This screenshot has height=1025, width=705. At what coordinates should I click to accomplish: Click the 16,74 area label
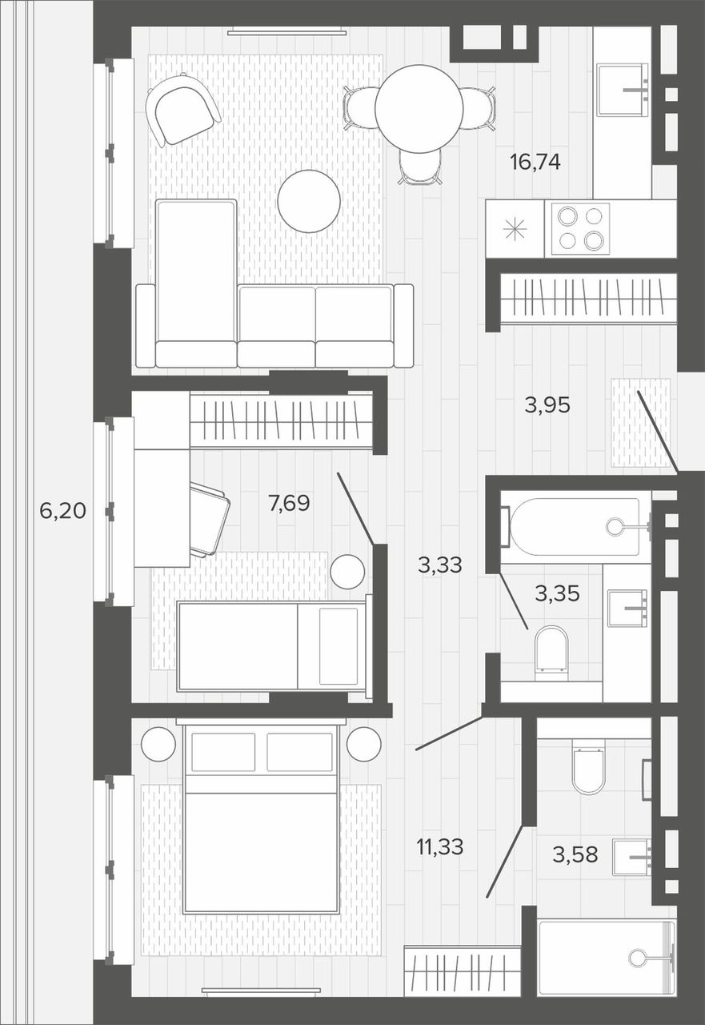pos(535,163)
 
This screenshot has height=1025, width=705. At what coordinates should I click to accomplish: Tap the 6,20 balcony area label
pos(62,511)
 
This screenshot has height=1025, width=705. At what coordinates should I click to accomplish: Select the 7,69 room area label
pos(290,504)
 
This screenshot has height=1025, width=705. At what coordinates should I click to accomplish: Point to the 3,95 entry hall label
pos(547,405)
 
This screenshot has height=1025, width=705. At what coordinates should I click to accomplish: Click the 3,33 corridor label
pos(440,565)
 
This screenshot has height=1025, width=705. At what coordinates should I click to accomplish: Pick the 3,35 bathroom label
pos(557,593)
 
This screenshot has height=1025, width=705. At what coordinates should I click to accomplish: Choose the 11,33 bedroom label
pos(440,846)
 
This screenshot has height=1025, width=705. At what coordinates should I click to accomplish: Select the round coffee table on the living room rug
pos(309,201)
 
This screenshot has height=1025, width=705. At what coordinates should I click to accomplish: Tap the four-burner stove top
pos(581,229)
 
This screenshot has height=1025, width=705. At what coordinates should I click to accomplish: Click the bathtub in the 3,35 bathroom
pos(575,527)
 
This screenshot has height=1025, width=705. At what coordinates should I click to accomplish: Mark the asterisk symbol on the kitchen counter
pos(515,229)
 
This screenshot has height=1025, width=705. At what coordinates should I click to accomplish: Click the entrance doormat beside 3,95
pos(641,423)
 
